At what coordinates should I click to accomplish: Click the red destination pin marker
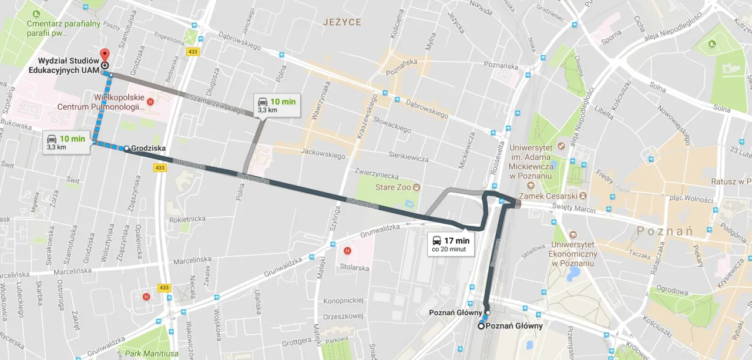pos(105,55)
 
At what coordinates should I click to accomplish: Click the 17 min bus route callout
pos(451,244)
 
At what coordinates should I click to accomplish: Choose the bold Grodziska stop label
pos(149,149)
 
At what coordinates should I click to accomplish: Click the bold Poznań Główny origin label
pos(514,326)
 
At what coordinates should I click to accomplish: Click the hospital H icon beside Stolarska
pos(347,251)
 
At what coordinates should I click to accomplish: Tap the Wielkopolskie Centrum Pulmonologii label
pos(100,102)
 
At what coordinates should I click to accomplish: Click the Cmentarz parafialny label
pos(55,28)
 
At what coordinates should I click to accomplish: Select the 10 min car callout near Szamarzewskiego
pos(277,105)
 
